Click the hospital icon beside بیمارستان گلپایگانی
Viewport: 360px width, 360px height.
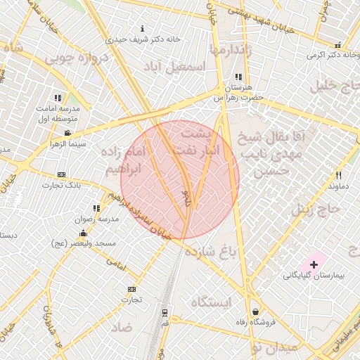314,264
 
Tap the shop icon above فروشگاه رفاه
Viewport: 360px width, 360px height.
255,311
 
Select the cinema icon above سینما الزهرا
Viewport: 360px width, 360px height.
67,133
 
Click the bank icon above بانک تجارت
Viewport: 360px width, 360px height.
61,174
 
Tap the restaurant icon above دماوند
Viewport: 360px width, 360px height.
338,175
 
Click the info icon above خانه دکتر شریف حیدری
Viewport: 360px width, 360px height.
144,29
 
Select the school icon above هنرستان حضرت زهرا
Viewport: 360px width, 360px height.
238,76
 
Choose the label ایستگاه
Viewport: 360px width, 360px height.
211,302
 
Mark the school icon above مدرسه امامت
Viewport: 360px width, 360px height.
57,98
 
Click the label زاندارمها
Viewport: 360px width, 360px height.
229,50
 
